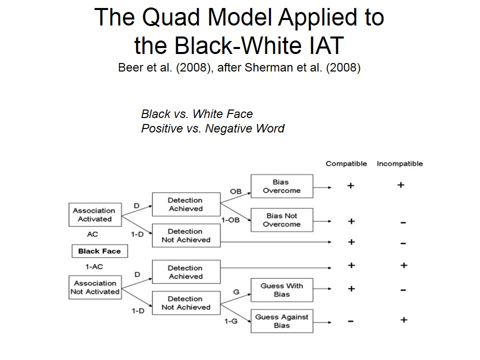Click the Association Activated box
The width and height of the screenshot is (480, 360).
[x=95, y=215]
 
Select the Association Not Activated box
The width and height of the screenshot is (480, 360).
[x=95, y=287]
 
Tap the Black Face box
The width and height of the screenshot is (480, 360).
[x=99, y=251]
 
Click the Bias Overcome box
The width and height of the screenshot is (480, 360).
[x=281, y=186]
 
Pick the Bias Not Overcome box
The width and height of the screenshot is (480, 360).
[x=281, y=220]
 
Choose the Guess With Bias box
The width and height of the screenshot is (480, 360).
[x=281, y=290]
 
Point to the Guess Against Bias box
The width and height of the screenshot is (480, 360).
[x=281, y=321]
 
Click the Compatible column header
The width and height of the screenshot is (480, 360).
[x=346, y=163]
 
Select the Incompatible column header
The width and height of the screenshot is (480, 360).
[x=399, y=163]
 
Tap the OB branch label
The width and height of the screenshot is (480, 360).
[x=235, y=191]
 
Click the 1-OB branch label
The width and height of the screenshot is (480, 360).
[x=230, y=220]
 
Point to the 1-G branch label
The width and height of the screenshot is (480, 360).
[x=230, y=321]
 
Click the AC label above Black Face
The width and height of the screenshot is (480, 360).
[x=92, y=234]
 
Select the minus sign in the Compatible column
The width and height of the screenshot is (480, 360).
[x=351, y=321]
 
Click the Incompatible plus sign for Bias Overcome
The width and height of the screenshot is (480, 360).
[x=400, y=185]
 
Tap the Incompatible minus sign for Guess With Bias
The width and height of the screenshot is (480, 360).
[x=403, y=290]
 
